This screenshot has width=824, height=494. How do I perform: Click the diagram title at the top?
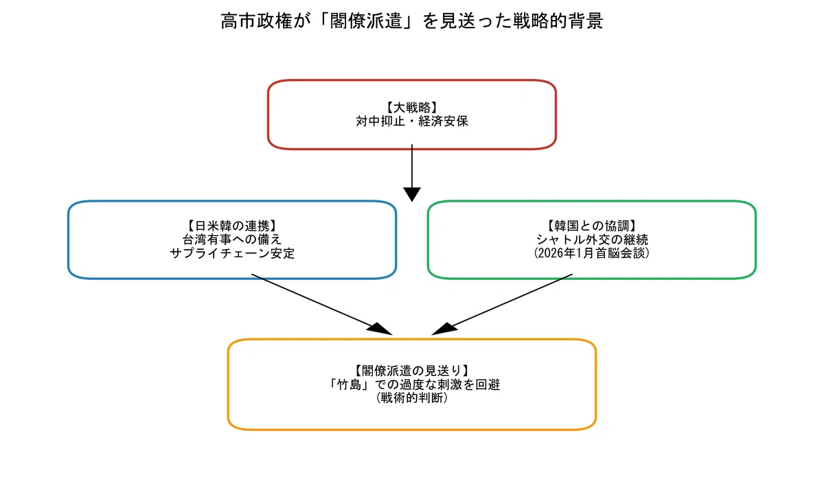click(411, 21)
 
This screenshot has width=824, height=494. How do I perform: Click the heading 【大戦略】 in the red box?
click(411, 108)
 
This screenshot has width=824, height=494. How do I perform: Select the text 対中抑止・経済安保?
click(411, 121)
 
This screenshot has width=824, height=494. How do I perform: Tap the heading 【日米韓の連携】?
click(232, 226)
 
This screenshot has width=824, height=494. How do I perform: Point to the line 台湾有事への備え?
click(232, 239)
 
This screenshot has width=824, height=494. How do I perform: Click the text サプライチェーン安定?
click(232, 253)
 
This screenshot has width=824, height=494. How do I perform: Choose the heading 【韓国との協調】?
click(591, 226)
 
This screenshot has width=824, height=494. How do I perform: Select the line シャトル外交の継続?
click(591, 239)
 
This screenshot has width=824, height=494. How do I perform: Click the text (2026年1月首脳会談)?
click(591, 253)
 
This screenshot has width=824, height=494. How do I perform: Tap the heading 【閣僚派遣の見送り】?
click(411, 370)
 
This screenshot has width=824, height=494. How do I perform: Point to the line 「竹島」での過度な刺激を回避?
click(411, 384)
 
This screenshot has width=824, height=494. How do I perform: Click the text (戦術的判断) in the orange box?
click(411, 398)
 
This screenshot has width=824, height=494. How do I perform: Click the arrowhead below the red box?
click(411, 194)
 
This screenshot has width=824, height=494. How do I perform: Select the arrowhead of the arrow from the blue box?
click(380, 329)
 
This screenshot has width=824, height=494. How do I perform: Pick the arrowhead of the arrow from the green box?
click(444, 329)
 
